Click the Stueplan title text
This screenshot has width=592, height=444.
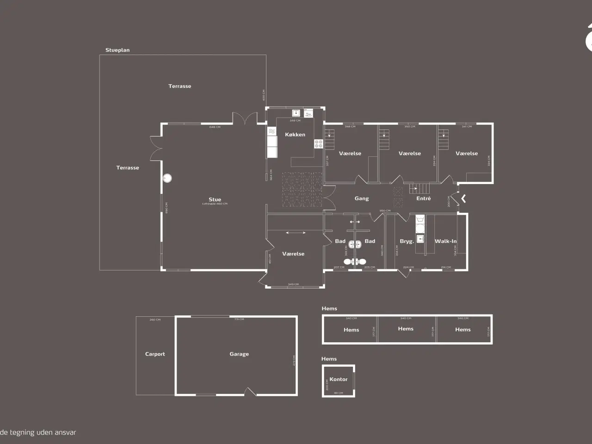117,50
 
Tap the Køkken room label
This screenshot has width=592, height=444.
295,135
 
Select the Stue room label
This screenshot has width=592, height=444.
215,199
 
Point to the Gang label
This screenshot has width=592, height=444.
362,198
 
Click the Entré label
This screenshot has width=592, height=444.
423,198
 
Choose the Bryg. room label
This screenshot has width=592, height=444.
407,241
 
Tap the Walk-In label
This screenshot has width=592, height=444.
445,241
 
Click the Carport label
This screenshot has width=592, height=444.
155,354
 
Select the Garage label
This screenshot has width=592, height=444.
239,354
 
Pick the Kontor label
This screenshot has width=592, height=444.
339,379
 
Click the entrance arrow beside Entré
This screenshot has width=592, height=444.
463,198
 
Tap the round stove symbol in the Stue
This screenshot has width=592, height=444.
167,178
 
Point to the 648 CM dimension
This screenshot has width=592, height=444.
215,127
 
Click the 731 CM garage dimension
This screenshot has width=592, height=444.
239,319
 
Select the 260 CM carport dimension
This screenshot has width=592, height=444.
155,320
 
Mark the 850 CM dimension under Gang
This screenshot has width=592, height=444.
385,211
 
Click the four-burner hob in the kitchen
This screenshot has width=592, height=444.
319,144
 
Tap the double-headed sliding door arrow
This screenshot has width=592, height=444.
296,233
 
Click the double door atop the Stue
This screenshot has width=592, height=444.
245,118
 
